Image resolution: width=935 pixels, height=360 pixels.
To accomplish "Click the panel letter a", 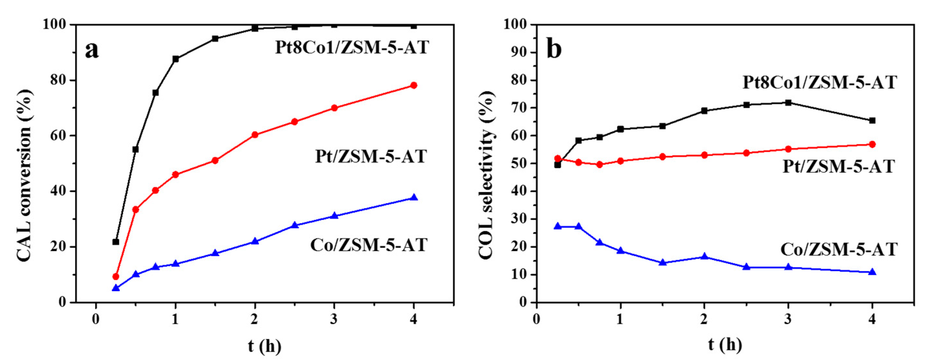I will (92, 50).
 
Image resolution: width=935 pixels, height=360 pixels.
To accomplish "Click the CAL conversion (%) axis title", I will (25, 175).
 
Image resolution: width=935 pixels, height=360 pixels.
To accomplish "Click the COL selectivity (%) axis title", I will (486, 175).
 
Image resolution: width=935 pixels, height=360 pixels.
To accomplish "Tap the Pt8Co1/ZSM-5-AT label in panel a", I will (352, 47).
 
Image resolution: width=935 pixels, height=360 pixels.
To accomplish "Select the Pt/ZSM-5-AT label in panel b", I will (838, 166).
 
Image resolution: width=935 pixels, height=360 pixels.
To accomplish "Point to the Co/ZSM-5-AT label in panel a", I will (368, 245).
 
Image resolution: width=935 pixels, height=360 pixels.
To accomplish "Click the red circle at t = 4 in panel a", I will (413, 85).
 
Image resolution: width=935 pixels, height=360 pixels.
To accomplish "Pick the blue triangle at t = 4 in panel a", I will (414, 197).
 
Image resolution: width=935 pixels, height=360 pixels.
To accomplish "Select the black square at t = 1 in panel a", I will (176, 59).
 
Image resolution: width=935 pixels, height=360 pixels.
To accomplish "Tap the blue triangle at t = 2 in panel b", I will (704, 256).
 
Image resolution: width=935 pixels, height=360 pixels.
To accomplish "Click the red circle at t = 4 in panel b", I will (872, 145).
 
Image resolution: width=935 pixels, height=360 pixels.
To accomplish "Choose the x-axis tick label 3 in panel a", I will (334, 319).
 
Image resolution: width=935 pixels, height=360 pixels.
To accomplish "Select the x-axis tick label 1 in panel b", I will (620, 319).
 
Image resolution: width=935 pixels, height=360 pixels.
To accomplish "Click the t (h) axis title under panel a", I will (265, 346).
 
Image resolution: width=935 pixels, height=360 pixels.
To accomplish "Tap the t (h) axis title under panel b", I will (725, 345).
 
